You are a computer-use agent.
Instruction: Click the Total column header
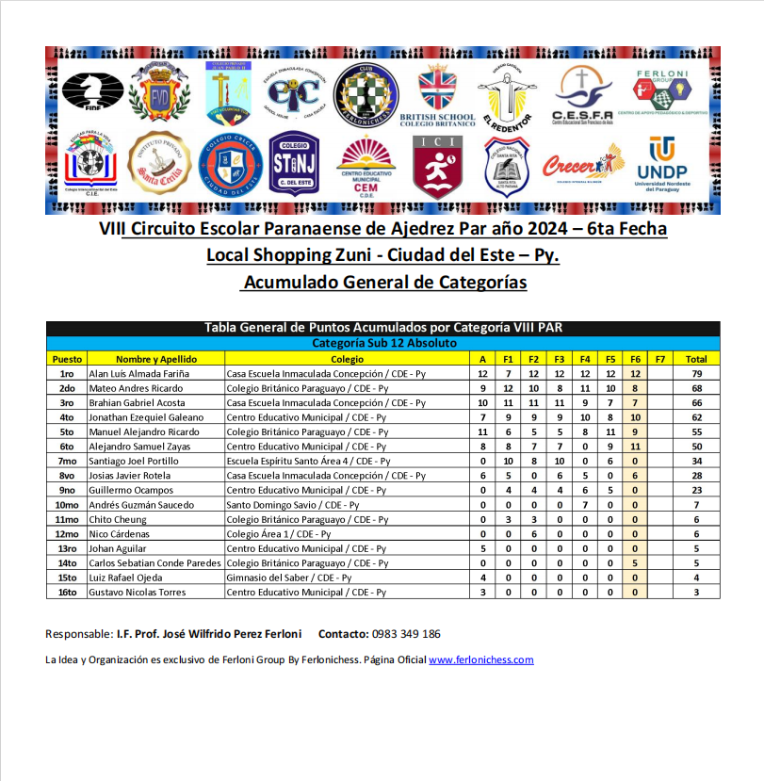pos(696,359)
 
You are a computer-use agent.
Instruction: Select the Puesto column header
pos(67,359)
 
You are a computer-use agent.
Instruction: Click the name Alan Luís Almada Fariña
pos(138,373)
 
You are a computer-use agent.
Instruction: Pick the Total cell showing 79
pos(696,373)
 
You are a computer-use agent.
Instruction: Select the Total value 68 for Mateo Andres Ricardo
pos(696,388)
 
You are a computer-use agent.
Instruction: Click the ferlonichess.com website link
pos(480,659)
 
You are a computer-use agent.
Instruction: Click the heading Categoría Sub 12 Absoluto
pos(383,343)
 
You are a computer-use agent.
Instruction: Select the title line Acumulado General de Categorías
pos(383,282)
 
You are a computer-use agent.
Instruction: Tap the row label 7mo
pos(67,461)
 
